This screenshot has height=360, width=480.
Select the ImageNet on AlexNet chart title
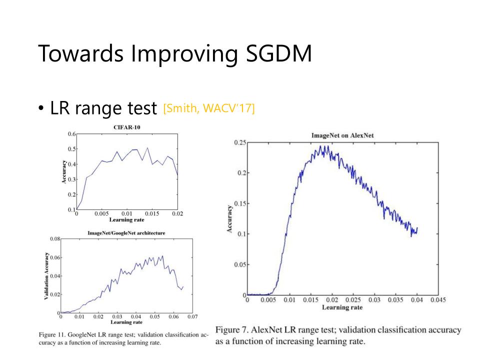click(x=343, y=135)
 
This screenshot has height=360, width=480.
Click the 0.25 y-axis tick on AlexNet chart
click(x=239, y=142)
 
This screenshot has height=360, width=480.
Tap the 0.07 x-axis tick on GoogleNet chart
click(x=193, y=316)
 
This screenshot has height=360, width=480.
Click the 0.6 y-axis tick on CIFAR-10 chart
click(x=71, y=134)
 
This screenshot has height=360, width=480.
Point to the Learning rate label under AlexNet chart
click(x=342, y=307)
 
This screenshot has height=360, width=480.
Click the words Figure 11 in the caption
click(x=49, y=333)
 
